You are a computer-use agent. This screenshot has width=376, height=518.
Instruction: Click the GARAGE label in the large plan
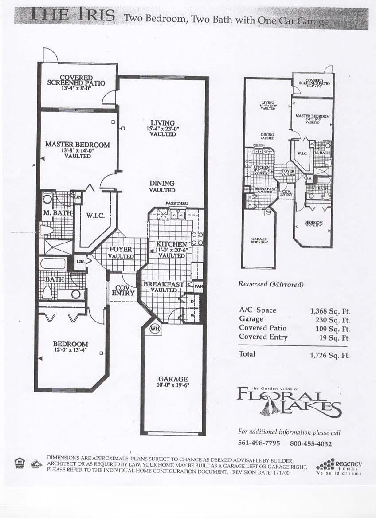pyautogui.click(x=173, y=379)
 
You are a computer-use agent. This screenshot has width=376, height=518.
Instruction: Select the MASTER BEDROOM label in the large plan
pyautogui.click(x=77, y=145)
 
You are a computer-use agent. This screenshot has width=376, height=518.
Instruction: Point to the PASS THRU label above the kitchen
pyautogui.click(x=176, y=204)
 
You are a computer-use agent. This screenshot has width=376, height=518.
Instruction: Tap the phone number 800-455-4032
pyautogui.click(x=311, y=443)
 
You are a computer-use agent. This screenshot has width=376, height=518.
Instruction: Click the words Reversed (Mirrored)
pyautogui.click(x=270, y=285)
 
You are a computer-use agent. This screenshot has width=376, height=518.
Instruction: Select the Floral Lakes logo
pyautogui.click(x=289, y=400)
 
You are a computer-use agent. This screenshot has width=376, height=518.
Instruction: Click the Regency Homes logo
pyautogui.click(x=340, y=467)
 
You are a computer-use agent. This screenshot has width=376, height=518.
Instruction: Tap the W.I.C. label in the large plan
pyautogui.click(x=95, y=216)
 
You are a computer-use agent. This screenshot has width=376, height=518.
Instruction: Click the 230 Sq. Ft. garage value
pyautogui.click(x=330, y=320)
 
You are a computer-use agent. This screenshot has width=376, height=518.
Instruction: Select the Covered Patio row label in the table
pyautogui.click(x=262, y=328)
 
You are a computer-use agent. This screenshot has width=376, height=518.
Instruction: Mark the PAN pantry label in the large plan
pyautogui.click(x=198, y=286)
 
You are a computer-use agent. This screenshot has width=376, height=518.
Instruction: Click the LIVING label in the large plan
pyautogui.click(x=162, y=123)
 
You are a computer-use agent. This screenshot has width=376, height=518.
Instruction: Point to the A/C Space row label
pyautogui.click(x=258, y=310)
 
